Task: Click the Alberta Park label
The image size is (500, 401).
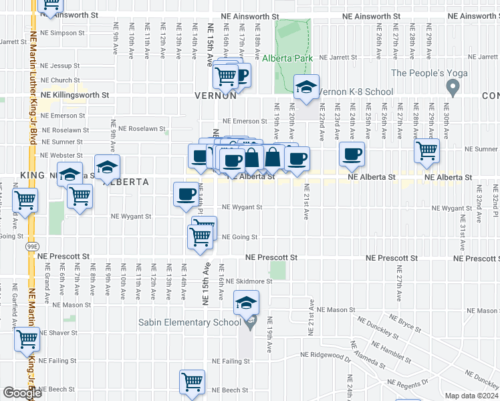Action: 287,59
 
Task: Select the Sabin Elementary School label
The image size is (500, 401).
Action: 189,322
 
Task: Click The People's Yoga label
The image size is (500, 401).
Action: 422,74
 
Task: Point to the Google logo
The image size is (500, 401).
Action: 22,393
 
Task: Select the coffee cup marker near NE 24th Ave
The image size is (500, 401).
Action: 352,154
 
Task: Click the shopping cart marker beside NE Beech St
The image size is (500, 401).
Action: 192,382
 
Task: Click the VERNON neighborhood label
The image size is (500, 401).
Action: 216,96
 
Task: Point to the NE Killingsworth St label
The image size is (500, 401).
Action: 74,95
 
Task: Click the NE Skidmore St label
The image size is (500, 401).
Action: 249,281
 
